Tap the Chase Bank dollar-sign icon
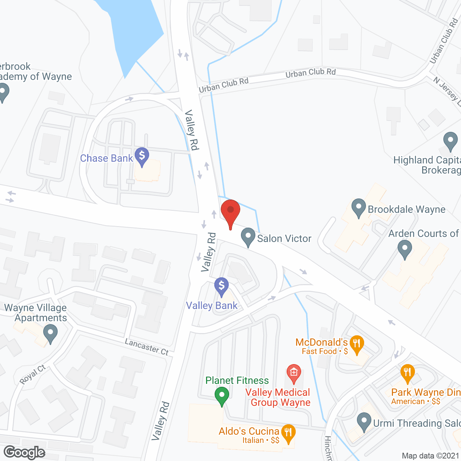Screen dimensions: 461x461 coord(142,156)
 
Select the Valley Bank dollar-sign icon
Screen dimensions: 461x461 coord(221,286)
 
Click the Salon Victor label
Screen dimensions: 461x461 coord(284,238)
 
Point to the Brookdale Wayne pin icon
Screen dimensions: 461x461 coord(358,208)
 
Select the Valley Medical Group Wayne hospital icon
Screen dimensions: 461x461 coord(294,373)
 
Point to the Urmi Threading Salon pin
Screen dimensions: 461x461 coord(364,421)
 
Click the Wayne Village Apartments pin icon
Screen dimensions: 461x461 coord(50,333)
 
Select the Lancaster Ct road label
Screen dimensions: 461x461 coord(147,347)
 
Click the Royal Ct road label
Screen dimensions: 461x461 coord(33,375)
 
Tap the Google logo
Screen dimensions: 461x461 coord(24,452)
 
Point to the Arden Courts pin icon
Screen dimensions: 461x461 coord(405,249)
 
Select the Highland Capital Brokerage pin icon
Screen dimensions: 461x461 coord(450,141)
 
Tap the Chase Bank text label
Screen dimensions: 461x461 coord(107,158)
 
